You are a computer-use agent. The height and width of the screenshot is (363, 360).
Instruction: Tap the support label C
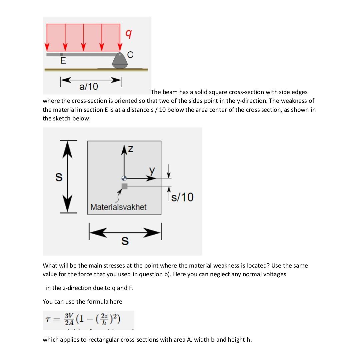pyautogui.click(x=130, y=55)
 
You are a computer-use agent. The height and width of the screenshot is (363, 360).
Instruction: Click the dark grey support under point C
pyautogui.click(x=120, y=61)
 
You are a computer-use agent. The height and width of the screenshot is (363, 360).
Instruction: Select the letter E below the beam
pyautogui.click(x=63, y=61)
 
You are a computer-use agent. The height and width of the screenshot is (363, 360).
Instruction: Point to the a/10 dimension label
pyautogui.click(x=89, y=87)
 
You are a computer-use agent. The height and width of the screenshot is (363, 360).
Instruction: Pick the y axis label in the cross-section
pyautogui.click(x=152, y=170)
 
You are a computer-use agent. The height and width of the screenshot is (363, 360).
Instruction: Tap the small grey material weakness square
pyautogui.click(x=124, y=186)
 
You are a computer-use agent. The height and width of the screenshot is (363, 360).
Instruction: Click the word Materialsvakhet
pyautogui.click(x=118, y=207)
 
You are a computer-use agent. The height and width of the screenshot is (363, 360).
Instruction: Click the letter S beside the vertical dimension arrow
pyautogui.click(x=58, y=177)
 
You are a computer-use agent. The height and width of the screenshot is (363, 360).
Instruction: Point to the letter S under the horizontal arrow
pyautogui.click(x=125, y=241)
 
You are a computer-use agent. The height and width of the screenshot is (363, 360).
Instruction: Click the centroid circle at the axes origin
pyautogui.click(x=124, y=178)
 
